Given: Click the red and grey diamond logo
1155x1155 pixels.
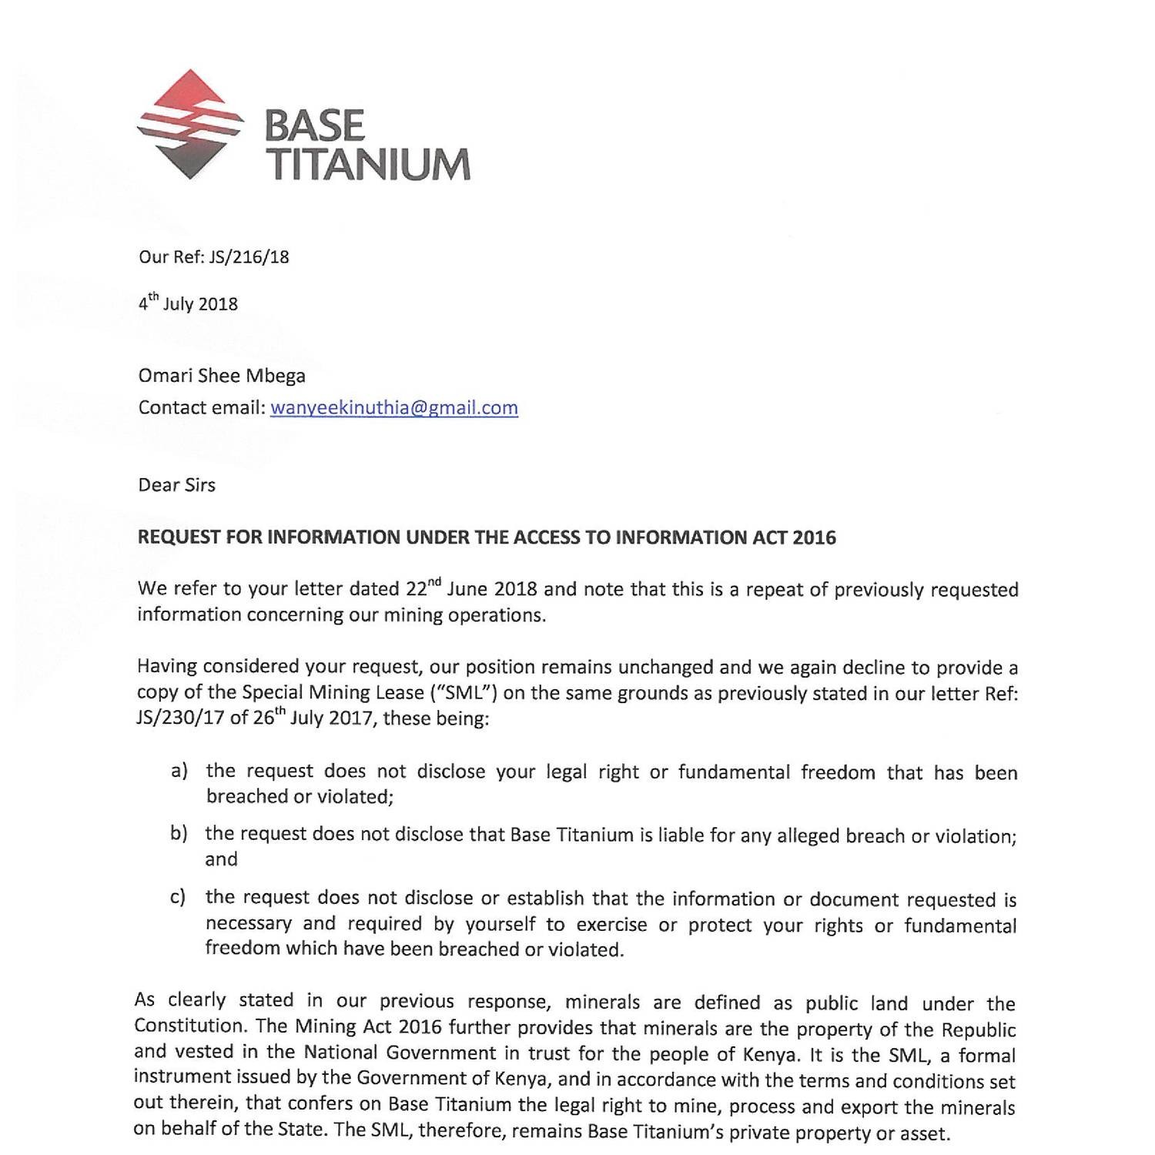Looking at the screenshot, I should (189, 125).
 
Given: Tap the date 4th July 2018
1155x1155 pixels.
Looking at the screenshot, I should (188, 303).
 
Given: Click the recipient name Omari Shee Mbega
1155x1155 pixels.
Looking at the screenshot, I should (222, 376).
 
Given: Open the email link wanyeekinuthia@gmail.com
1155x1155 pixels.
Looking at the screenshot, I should (393, 407).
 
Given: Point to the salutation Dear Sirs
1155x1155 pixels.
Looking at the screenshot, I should (176, 485).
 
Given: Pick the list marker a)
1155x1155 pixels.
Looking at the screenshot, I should (179, 771).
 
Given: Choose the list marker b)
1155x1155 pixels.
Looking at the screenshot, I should (179, 834).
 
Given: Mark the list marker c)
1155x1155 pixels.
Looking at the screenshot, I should (178, 897).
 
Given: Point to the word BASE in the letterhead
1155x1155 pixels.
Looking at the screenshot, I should (314, 126).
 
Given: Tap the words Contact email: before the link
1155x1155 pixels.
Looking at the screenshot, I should (201, 407).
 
